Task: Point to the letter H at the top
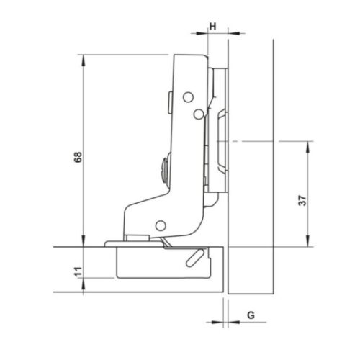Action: click(x=212, y=26)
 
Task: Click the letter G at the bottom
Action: click(x=249, y=315)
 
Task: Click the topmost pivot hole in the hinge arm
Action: click(x=186, y=96)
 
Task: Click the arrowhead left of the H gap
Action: click(x=202, y=32)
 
